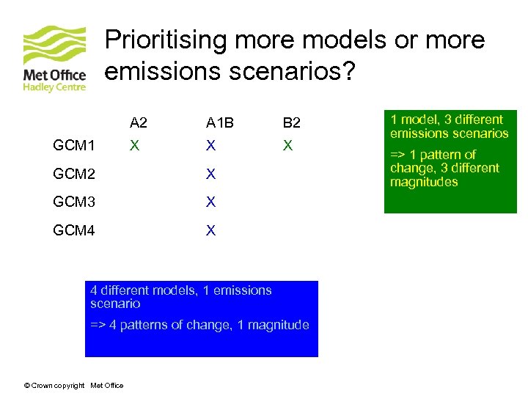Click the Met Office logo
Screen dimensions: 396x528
pyautogui.click(x=54, y=59)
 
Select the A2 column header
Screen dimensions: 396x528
pyautogui.click(x=139, y=122)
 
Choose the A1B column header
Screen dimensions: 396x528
pyautogui.click(x=219, y=122)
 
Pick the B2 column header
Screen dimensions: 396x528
pyautogui.click(x=291, y=122)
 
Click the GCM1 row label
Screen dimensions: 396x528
pyautogui.click(x=74, y=147)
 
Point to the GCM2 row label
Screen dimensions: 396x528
pyautogui.click(x=74, y=175)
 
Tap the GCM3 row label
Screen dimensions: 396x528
pyautogui.click(x=74, y=202)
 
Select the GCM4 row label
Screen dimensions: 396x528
pyautogui.click(x=74, y=231)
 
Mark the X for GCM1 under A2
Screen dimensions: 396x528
pyautogui.click(x=134, y=146)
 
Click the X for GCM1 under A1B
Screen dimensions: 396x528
pyautogui.click(x=211, y=146)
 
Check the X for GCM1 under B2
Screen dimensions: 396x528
pyautogui.click(x=288, y=146)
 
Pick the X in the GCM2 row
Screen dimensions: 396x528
pyautogui.click(x=211, y=175)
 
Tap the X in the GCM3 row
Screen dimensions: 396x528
pyautogui.click(x=211, y=202)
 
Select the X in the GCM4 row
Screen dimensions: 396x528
pyautogui.click(x=211, y=231)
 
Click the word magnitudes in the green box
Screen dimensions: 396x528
pyautogui.click(x=424, y=182)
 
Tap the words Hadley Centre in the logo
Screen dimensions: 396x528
pyautogui.click(x=55, y=87)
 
